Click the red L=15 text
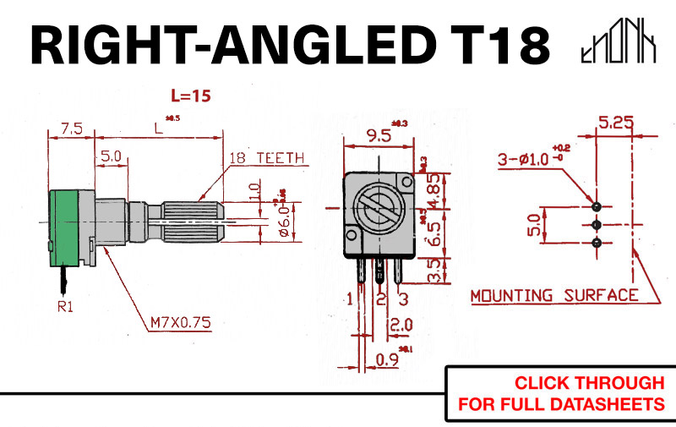coord(190,96)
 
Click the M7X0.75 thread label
coord(181,321)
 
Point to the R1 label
coord(66,307)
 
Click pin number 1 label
coord(350,298)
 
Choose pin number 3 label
coord(404,298)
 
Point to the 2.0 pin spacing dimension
coord(401,325)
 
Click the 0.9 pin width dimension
coord(388,359)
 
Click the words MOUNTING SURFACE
coord(553,295)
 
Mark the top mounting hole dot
coord(597,206)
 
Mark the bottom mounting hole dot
coord(597,244)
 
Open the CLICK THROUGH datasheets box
coord(560,393)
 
